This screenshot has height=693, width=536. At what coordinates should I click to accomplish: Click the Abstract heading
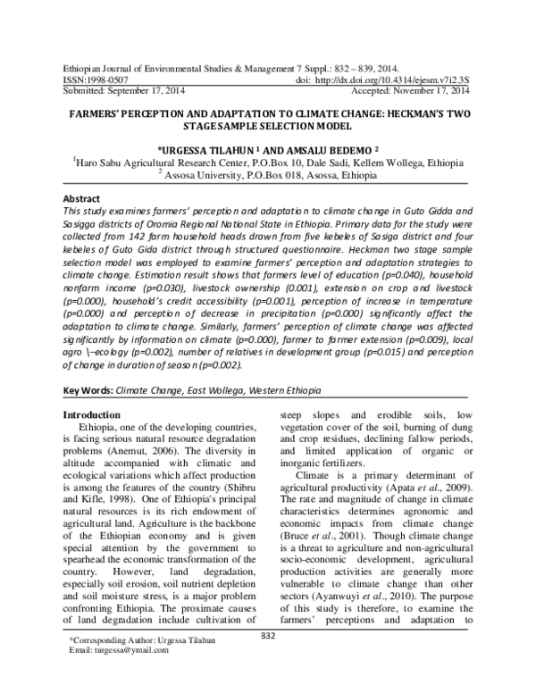pos(82,198)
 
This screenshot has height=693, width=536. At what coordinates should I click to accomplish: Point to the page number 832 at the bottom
pos(267,660)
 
